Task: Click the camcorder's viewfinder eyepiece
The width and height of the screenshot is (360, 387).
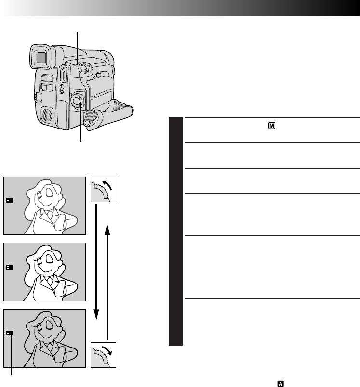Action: pos(40,58)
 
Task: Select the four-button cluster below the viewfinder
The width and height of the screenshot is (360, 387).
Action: pos(47,82)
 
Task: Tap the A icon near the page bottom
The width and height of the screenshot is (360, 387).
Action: pos(280,383)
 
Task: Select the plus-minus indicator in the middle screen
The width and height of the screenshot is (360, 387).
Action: pos(10,267)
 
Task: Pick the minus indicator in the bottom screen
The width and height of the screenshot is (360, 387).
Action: pos(10,333)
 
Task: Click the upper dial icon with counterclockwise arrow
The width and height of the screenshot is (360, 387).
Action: pos(104,189)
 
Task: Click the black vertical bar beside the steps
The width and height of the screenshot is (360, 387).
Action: pos(176,231)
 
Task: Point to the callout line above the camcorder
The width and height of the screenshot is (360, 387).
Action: pos(77,46)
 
